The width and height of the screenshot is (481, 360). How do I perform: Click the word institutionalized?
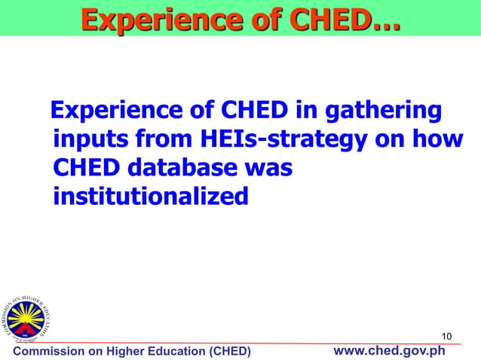tap(151, 196)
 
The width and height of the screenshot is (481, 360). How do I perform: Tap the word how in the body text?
tap(437, 140)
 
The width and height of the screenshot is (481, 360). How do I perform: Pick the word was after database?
tap(267, 168)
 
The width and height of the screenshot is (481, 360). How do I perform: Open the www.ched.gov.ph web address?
tap(389, 351)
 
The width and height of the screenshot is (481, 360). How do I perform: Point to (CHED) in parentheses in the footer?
tap(231, 352)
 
